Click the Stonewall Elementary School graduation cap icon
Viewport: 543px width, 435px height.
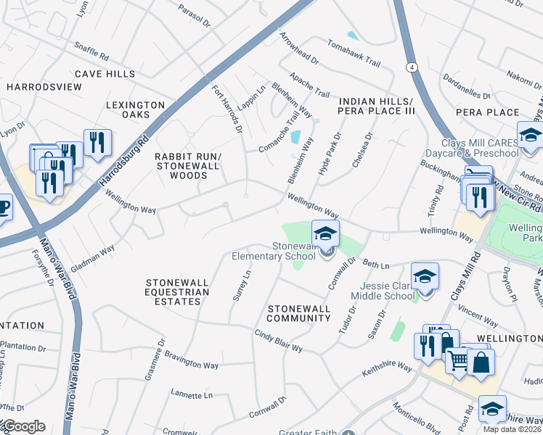click(x=325, y=234)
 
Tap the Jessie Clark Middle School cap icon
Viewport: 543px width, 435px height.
click(x=425, y=276)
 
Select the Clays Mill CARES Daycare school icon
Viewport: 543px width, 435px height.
click(x=530, y=135)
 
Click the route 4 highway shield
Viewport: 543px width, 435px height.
click(x=412, y=67)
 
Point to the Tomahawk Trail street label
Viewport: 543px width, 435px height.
click(x=354, y=53)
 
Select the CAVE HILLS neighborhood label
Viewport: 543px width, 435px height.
click(x=105, y=74)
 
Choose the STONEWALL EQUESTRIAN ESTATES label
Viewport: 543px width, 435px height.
click(x=177, y=291)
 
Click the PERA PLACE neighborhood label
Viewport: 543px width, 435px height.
click(x=487, y=112)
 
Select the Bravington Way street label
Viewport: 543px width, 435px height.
click(x=191, y=360)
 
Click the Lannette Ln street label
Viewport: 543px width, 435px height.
click(x=191, y=395)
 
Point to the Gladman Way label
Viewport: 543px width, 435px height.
click(x=94, y=257)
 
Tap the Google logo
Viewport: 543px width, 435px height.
click(x=24, y=426)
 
